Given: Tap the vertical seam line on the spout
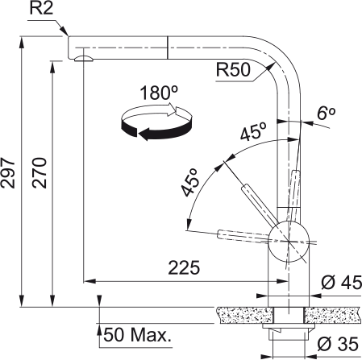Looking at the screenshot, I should point(166,47).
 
